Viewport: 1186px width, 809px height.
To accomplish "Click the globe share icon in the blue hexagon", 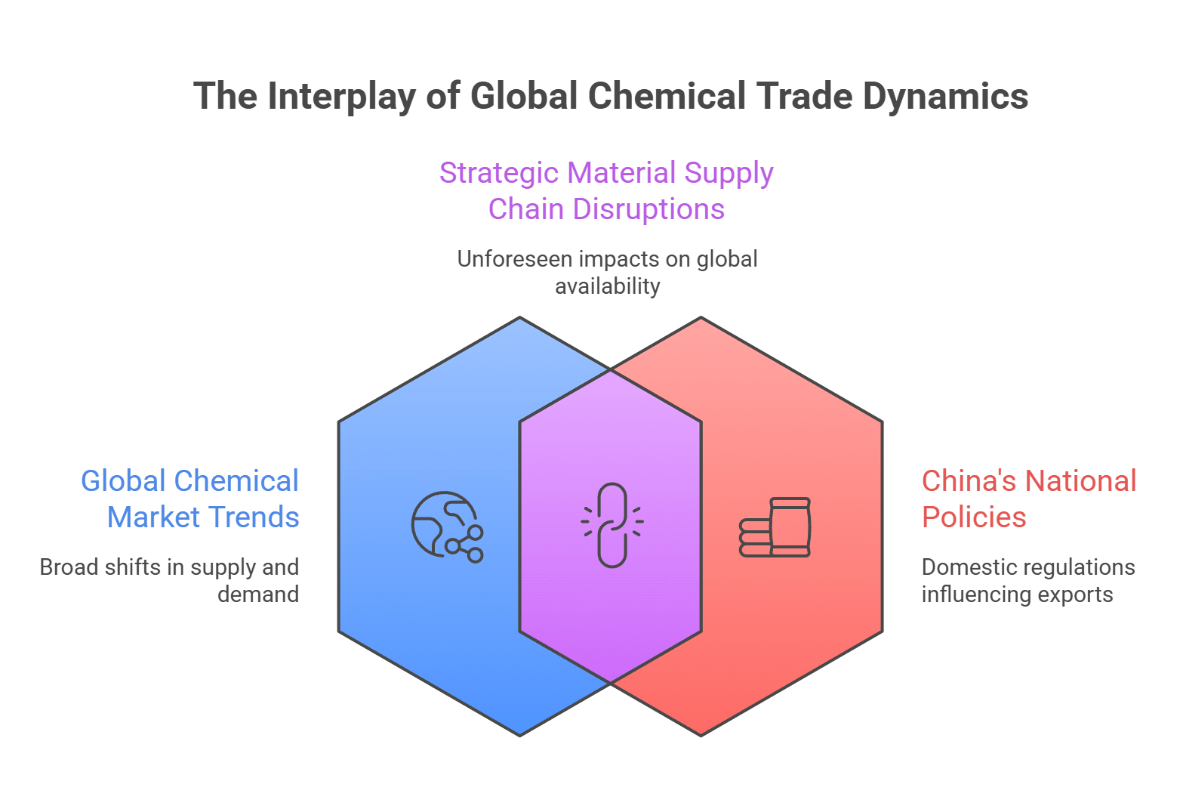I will (447, 526).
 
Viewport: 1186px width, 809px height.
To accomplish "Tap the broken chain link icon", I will (611, 525).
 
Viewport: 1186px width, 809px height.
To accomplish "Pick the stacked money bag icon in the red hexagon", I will (775, 527).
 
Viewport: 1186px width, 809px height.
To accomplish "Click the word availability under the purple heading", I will (607, 286).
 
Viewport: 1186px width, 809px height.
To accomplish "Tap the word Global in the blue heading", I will (123, 481).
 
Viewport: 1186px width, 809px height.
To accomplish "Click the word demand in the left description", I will (258, 594).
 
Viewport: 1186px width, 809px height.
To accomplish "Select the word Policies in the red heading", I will (974, 517).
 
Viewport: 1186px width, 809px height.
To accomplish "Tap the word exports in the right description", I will (1075, 594).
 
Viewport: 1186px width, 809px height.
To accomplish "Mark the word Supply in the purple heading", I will (729, 173).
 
